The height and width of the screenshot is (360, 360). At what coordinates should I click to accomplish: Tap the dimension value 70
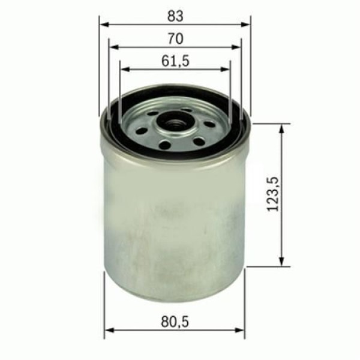(x=175, y=38)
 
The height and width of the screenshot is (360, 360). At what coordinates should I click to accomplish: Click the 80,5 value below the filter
(x=176, y=323)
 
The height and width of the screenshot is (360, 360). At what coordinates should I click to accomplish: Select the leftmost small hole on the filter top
(x=142, y=130)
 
